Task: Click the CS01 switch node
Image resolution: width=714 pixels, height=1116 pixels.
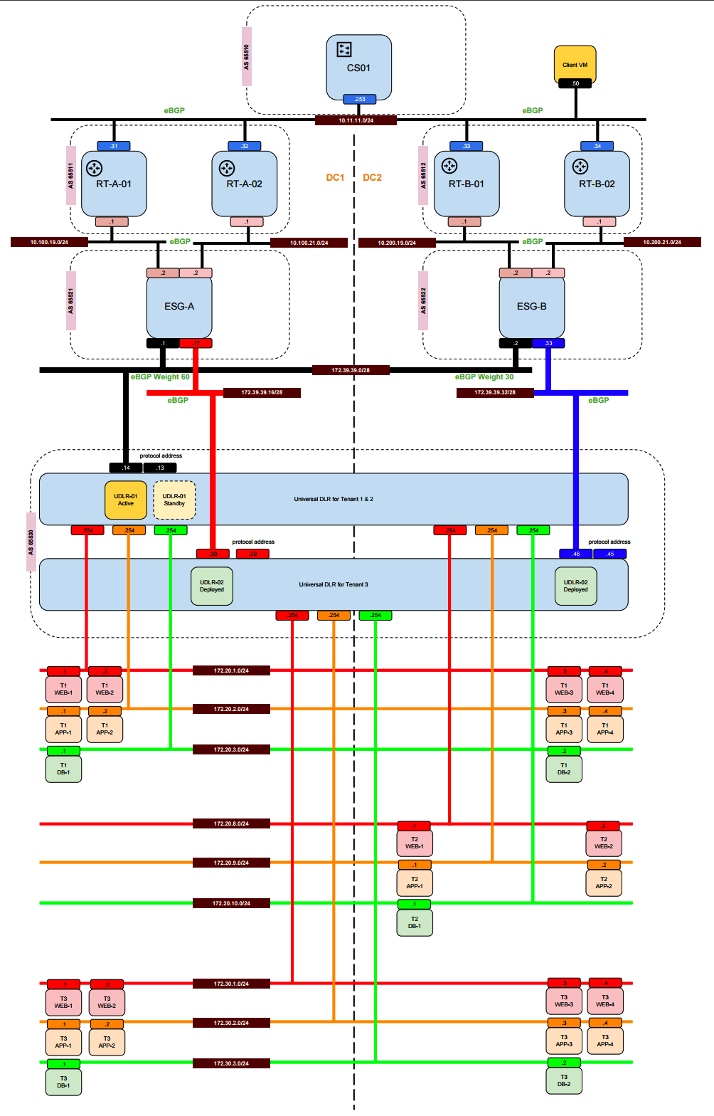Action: click(x=358, y=67)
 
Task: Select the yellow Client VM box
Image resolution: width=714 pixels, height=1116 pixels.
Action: click(x=575, y=65)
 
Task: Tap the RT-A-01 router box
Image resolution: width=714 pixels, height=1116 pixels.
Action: click(x=114, y=184)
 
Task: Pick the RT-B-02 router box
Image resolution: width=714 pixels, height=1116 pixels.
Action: click(x=597, y=184)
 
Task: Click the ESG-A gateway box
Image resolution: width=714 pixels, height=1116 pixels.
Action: click(x=179, y=306)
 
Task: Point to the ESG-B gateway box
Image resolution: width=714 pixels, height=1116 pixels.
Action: click(x=532, y=306)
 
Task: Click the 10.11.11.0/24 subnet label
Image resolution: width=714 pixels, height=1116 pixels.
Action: click(x=356, y=120)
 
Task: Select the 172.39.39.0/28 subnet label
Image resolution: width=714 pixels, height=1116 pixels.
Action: click(x=351, y=370)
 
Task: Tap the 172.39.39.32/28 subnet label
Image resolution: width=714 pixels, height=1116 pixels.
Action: click(x=495, y=392)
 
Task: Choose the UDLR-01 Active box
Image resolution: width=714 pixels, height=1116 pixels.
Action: click(x=126, y=500)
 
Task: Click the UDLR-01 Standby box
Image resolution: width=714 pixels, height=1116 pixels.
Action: click(x=174, y=500)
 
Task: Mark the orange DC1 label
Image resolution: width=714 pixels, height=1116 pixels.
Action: click(x=335, y=177)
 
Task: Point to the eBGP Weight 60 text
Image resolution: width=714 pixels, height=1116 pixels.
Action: click(x=160, y=377)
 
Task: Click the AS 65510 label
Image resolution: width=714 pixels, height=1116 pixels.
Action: click(x=246, y=56)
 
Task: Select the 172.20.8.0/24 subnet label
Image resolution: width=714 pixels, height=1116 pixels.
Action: click(x=231, y=823)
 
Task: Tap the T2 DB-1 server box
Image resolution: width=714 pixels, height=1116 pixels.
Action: click(x=415, y=922)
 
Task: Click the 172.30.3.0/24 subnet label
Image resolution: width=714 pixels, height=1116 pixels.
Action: click(x=231, y=1063)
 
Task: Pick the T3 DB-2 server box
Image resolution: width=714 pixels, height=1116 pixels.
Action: click(x=564, y=1080)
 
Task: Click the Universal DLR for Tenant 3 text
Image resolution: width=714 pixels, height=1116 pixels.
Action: click(x=334, y=584)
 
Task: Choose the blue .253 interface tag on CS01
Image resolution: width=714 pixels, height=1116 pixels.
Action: click(x=359, y=99)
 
